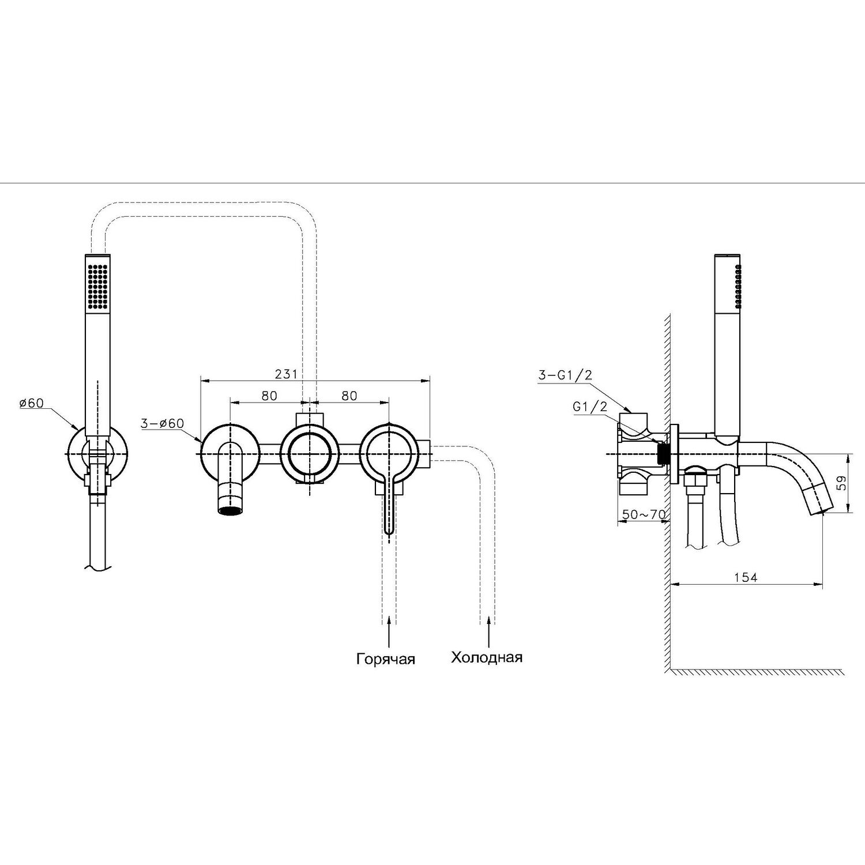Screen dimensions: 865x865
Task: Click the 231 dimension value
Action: (x=286, y=374)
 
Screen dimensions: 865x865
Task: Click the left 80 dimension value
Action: (x=269, y=396)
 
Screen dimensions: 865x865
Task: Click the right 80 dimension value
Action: (x=349, y=396)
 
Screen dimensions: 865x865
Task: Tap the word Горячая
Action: (x=385, y=659)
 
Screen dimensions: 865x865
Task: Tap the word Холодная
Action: (x=487, y=657)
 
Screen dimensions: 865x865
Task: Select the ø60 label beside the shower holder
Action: (x=31, y=403)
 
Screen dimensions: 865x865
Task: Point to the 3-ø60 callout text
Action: (x=162, y=423)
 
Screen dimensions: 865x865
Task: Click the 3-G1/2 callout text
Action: (x=565, y=375)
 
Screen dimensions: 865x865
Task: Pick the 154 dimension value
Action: (x=746, y=577)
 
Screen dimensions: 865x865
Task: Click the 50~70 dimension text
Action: (x=644, y=514)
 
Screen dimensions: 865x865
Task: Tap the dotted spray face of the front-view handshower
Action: (x=97, y=286)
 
